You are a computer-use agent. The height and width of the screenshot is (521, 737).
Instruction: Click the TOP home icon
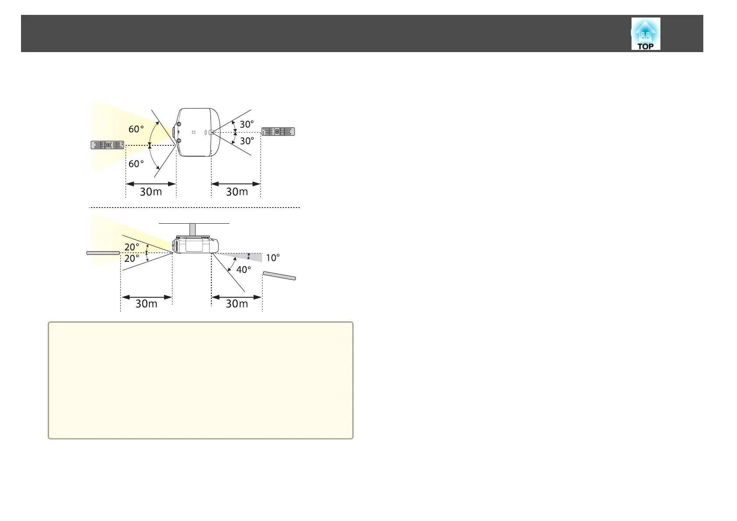[646, 34]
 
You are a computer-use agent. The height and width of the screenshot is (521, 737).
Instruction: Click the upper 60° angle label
[136, 129]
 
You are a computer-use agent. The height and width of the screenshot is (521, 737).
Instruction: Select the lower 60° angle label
[136, 164]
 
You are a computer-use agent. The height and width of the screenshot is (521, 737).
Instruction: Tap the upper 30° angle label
[247, 124]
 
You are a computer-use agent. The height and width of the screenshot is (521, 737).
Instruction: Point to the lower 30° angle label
[247, 141]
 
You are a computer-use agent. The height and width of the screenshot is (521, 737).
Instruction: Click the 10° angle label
[273, 258]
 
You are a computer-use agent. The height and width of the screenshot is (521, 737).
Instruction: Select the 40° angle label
[243, 270]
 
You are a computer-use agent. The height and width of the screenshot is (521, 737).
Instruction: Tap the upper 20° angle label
[132, 247]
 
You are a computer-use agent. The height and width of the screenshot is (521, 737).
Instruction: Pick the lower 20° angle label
[132, 258]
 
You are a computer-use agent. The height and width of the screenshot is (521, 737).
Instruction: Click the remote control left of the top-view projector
[107, 145]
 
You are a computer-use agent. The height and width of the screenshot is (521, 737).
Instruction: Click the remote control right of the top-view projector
[278, 132]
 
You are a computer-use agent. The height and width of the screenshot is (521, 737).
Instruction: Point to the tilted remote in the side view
[279, 276]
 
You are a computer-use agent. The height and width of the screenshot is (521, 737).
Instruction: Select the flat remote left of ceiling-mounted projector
[103, 253]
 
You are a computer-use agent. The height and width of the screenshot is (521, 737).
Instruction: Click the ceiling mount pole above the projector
[193, 229]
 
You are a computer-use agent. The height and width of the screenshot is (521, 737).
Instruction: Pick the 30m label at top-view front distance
[151, 192]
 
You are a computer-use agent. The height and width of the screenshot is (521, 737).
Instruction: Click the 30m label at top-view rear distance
[237, 192]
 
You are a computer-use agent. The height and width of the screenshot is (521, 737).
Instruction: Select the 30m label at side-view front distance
[147, 303]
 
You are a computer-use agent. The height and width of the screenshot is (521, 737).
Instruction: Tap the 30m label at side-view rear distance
[237, 303]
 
